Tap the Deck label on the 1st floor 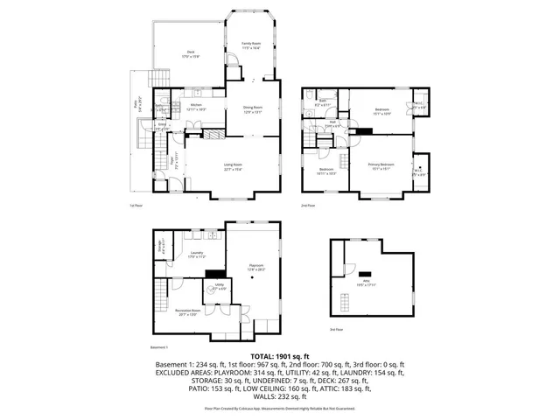pyautogui.click(x=191, y=53)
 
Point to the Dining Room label pyautogui.click(x=253, y=109)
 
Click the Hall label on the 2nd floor pyautogui.click(x=333, y=122)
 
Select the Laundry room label pyautogui.click(x=197, y=255)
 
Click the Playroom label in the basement pyautogui.click(x=255, y=268)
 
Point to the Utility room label pyautogui.click(x=220, y=286)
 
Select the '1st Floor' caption pyautogui.click(x=136, y=206)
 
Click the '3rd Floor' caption pyautogui.click(x=337, y=329)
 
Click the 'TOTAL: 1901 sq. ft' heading pyautogui.click(x=279, y=357)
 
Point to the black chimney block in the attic pyautogui.click(x=367, y=272)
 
